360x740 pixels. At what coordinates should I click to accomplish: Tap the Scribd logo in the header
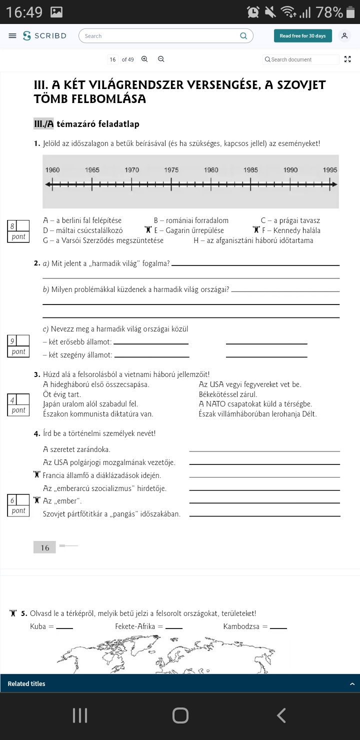click(44, 36)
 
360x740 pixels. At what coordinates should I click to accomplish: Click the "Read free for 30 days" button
click(302, 36)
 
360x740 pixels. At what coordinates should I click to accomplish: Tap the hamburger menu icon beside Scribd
click(12, 36)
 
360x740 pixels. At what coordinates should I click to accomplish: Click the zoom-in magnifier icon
click(144, 59)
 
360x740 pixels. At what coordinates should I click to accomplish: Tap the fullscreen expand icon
click(348, 59)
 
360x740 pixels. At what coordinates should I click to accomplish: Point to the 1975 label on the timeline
click(171, 170)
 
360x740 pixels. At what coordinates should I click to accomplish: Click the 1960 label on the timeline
click(52, 170)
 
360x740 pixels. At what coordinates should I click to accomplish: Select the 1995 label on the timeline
click(330, 170)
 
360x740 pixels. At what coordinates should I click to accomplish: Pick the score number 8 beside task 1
click(12, 226)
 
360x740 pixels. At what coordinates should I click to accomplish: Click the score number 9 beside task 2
click(12, 341)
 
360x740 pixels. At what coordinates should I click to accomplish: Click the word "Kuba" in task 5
click(38, 626)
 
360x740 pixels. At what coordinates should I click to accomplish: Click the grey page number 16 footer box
click(45, 547)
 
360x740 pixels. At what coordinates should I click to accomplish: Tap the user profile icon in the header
click(344, 36)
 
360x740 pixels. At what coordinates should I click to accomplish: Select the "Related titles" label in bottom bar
click(26, 683)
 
